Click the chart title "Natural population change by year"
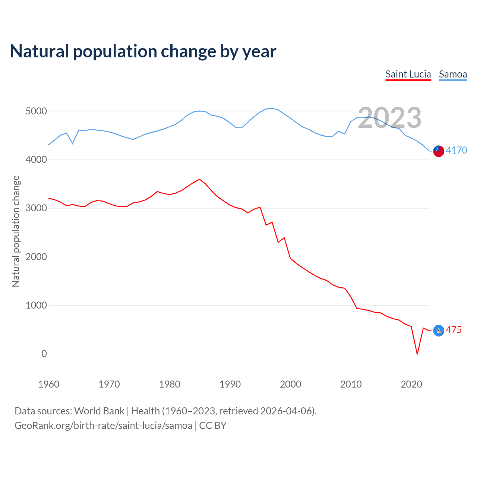coord(143,51)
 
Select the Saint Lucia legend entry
coord(408,74)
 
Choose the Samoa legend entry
coord(453,74)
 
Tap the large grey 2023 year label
coord(389,118)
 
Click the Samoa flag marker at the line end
coord(439,151)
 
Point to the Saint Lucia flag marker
coord(439,331)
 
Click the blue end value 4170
coord(456,150)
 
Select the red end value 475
coord(454,330)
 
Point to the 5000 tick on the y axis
coord(36,111)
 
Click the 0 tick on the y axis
coord(44,354)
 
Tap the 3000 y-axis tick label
coord(36,208)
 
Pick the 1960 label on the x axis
coord(49,384)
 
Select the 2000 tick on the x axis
coord(290,384)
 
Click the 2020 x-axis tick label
coord(411,384)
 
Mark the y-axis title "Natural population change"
coord(16,231)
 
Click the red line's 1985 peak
coord(200,179)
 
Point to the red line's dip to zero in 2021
coord(417,354)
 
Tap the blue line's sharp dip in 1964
coord(73,143)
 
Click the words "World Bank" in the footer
coord(99,411)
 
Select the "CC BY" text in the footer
coord(213,426)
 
